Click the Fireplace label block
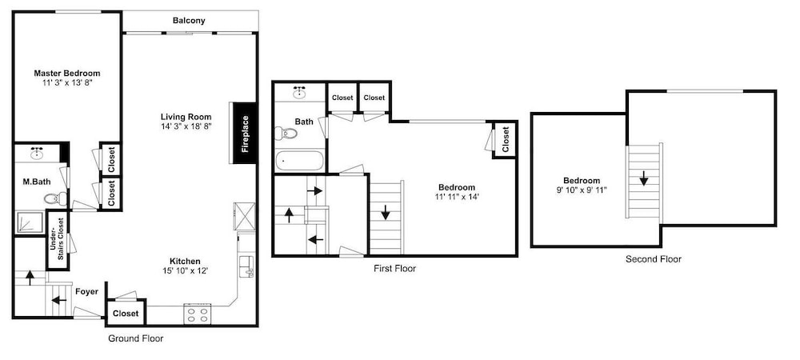pyautogui.click(x=244, y=133)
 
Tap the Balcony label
pyautogui.click(x=189, y=21)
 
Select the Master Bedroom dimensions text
pyautogui.click(x=67, y=82)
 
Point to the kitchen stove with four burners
pyautogui.click(x=198, y=314)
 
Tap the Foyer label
pyautogui.click(x=86, y=292)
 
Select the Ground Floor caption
pyautogui.click(x=136, y=338)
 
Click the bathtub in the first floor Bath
pyautogui.click(x=299, y=161)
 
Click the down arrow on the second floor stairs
pyautogui.click(x=644, y=178)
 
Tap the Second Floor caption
pyautogui.click(x=654, y=259)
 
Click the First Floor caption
pyautogui.click(x=395, y=268)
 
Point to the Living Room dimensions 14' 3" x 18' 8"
pyautogui.click(x=186, y=126)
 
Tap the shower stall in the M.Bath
pyautogui.click(x=30, y=222)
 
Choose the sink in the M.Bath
pyautogui.click(x=37, y=153)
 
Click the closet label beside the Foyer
pyautogui.click(x=126, y=313)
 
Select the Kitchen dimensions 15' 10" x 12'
pyautogui.click(x=186, y=270)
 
